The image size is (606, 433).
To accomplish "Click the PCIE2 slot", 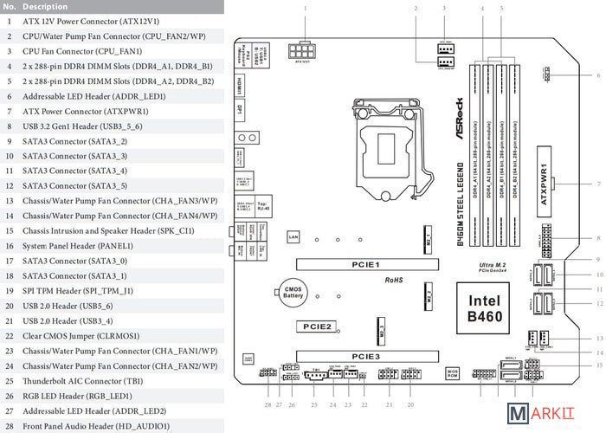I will pyautogui.click(x=317, y=326).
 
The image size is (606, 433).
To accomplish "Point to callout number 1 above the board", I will pyautogui.click(x=305, y=8).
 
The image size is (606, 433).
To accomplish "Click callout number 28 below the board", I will pyautogui.click(x=268, y=405).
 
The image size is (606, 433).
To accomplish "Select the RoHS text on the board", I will pyautogui.click(x=394, y=281).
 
